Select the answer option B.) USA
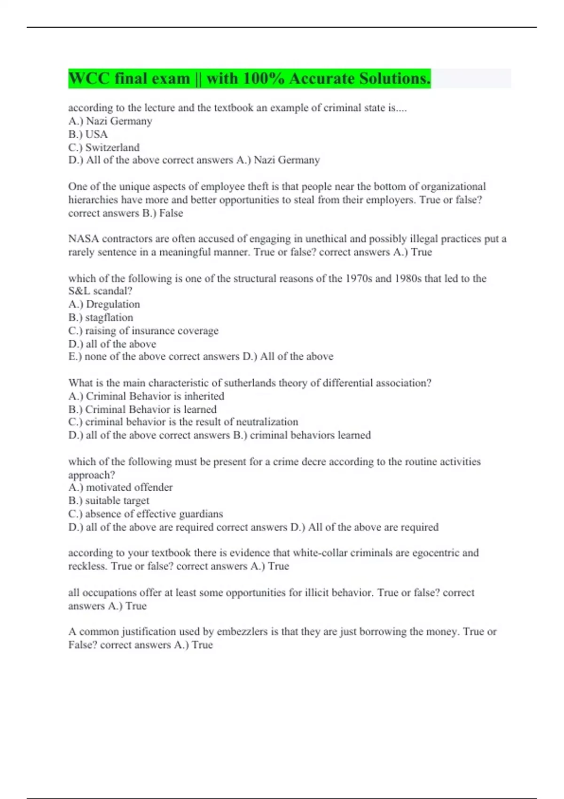pos(88,134)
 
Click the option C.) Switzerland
pos(104,148)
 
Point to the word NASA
pos(83,239)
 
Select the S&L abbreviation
pos(79,291)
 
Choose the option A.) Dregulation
pos(104,305)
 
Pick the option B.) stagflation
pos(101,318)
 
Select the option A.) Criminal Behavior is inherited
pos(146,396)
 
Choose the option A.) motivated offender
pos(120,487)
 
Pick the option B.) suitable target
pos(109,501)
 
